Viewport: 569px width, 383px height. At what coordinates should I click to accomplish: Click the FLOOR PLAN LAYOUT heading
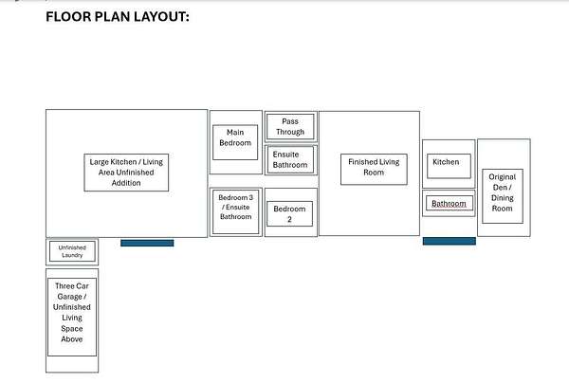click(x=118, y=17)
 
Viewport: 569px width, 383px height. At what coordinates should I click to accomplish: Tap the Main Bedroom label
click(x=235, y=137)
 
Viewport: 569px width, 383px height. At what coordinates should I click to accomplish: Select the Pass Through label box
click(x=290, y=127)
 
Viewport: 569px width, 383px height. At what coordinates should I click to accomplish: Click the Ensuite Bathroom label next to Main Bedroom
click(x=290, y=159)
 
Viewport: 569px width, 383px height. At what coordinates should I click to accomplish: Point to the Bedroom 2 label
click(x=289, y=213)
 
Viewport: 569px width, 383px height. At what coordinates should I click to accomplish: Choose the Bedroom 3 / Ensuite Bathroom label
click(x=235, y=207)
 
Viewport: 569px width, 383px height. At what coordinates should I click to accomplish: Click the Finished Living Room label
click(x=374, y=167)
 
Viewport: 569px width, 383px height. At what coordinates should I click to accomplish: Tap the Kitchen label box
click(x=449, y=166)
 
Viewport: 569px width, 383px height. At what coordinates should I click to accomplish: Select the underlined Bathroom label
click(x=449, y=204)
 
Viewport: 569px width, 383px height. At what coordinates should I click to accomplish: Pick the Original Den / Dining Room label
click(x=503, y=192)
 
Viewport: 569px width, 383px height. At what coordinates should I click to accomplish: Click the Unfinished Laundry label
click(x=72, y=251)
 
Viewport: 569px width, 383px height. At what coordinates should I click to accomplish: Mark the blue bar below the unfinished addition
click(x=147, y=243)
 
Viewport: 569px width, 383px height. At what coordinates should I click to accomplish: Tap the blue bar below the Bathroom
click(x=450, y=241)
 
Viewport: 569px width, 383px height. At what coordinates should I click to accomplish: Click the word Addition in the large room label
click(x=126, y=183)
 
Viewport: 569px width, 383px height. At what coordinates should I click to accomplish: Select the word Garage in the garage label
click(x=69, y=297)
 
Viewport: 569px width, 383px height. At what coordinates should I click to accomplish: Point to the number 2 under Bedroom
click(x=289, y=219)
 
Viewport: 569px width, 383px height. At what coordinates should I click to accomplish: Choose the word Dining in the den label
click(x=503, y=198)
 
